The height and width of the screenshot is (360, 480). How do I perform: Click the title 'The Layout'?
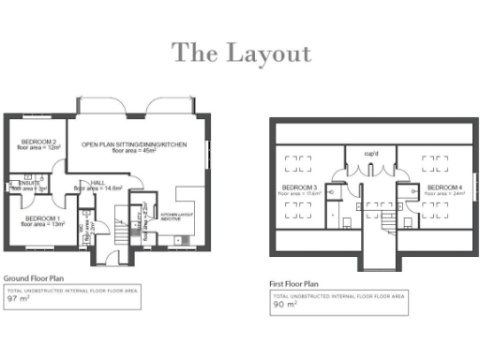click(x=241, y=53)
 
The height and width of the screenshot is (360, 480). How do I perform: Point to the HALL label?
click(x=97, y=183)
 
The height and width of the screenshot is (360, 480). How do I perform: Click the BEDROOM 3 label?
click(x=299, y=187)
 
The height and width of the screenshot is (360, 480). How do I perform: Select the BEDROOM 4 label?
click(x=445, y=187)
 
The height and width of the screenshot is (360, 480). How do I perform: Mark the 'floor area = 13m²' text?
click(x=41, y=225)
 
